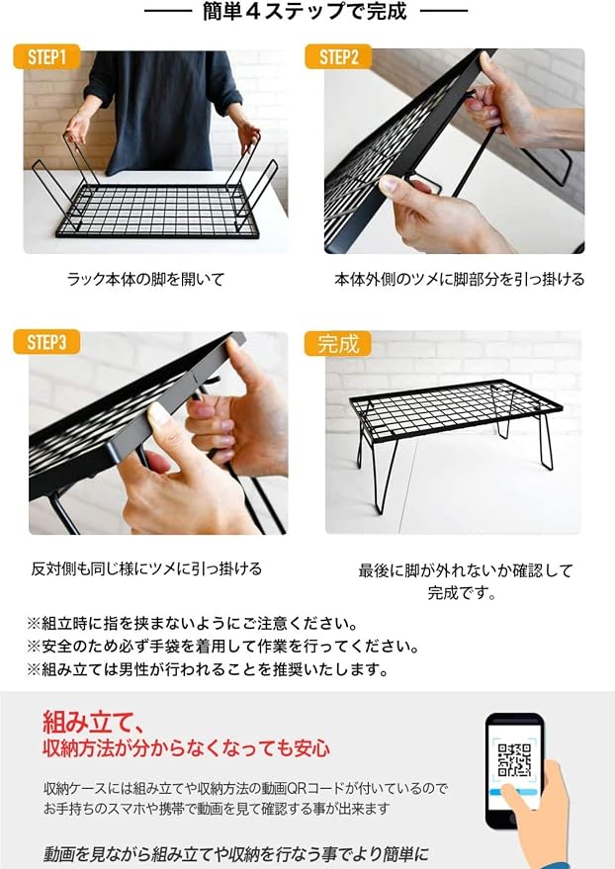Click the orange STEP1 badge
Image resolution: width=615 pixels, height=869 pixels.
46,56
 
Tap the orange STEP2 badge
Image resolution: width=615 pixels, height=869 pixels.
338,56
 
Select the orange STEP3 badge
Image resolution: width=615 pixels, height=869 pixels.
46,342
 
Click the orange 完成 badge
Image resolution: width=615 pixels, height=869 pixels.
338,344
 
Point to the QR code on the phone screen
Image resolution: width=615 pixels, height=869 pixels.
514,760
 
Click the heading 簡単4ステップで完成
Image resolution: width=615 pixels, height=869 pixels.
306,12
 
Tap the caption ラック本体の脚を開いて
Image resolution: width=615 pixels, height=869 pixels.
145,279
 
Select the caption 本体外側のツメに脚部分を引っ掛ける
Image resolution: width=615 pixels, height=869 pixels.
460,279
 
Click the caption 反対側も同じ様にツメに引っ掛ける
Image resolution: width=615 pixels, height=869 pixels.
146,568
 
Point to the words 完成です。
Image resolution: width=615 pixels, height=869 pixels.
462,592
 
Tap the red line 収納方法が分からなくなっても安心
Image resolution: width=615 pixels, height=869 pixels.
186,748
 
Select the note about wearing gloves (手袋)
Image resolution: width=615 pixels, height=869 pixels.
222,647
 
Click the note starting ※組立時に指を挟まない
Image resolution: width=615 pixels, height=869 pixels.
192,624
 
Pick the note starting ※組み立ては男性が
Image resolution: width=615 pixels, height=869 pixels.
208,669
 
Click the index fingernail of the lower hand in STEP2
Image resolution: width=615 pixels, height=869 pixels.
390,185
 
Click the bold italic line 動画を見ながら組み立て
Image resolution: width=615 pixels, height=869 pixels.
236,854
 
